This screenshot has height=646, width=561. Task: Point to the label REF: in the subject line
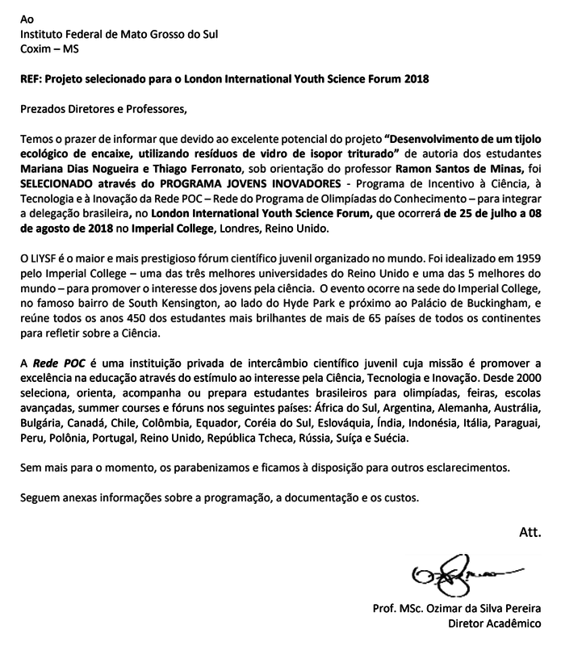click(32, 80)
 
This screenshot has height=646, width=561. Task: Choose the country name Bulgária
click(42, 422)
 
